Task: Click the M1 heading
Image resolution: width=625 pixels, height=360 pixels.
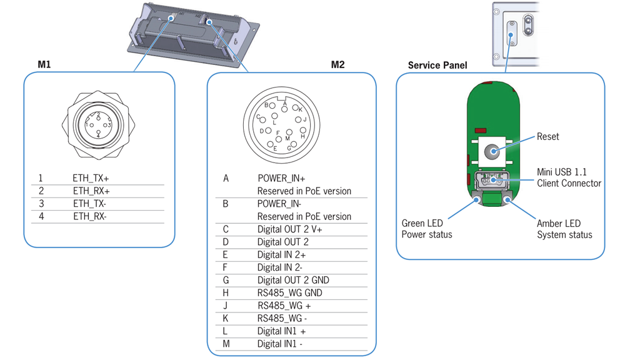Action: point(44,65)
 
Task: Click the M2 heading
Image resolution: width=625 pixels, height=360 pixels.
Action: point(337,65)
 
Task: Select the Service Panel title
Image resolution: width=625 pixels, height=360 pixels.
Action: point(437,65)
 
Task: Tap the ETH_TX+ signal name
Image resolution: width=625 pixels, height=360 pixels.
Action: point(91,178)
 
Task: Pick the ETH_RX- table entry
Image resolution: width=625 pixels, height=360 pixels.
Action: point(90,217)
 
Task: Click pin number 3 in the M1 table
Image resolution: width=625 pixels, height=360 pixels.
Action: point(41,204)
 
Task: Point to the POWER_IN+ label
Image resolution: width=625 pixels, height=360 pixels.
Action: point(281,178)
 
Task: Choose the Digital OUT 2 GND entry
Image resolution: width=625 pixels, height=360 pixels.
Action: point(293,280)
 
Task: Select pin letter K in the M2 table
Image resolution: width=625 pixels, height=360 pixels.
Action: point(226,319)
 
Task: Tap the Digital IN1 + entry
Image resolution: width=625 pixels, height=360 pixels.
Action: point(282,331)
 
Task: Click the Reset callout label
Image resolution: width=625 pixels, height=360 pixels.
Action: point(548,136)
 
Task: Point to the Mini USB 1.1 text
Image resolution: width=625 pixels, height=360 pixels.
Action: point(562,172)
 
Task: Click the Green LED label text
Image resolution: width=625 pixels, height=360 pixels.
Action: point(422,224)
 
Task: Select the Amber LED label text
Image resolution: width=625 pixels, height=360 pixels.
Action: point(558,224)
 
